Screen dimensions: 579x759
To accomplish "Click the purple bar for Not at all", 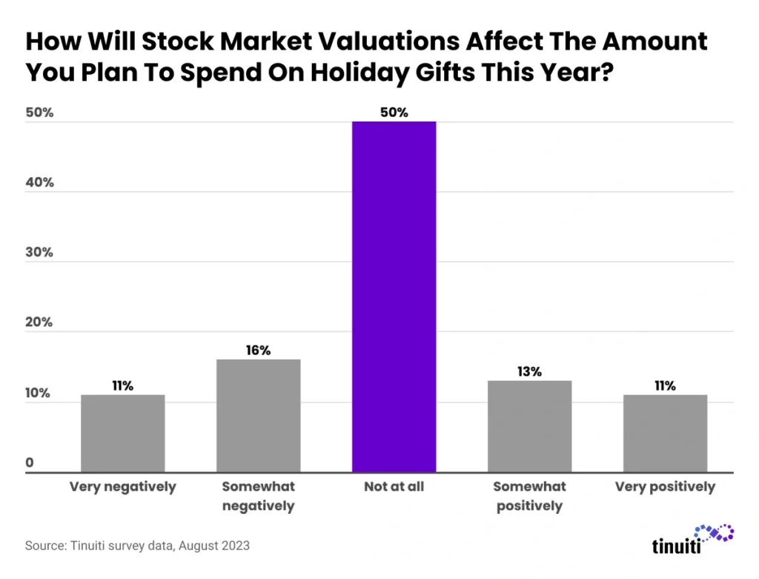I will [394, 297].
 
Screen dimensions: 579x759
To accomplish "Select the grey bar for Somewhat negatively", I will [258, 416].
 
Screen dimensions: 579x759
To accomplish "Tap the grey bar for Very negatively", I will [123, 433].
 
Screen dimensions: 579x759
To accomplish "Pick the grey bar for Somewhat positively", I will [529, 426].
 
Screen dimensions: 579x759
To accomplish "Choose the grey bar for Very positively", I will [665, 433].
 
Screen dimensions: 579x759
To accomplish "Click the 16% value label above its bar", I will [258, 350].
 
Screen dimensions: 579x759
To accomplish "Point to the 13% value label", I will [529, 371].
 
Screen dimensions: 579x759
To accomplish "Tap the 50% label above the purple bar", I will [394, 113].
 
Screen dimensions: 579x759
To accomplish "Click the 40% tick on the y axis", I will [40, 182].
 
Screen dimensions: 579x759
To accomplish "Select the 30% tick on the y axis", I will [40, 252].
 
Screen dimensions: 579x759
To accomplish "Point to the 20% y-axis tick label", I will [40, 322].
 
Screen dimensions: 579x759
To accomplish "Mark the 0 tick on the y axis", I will [30, 463].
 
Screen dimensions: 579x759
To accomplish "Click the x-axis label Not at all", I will [394, 487].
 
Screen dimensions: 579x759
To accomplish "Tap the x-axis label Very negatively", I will [123, 487].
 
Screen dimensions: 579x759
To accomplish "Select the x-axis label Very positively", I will [665, 487].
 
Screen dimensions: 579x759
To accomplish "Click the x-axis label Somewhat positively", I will [529, 497].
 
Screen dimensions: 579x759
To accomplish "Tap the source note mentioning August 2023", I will [137, 546].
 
